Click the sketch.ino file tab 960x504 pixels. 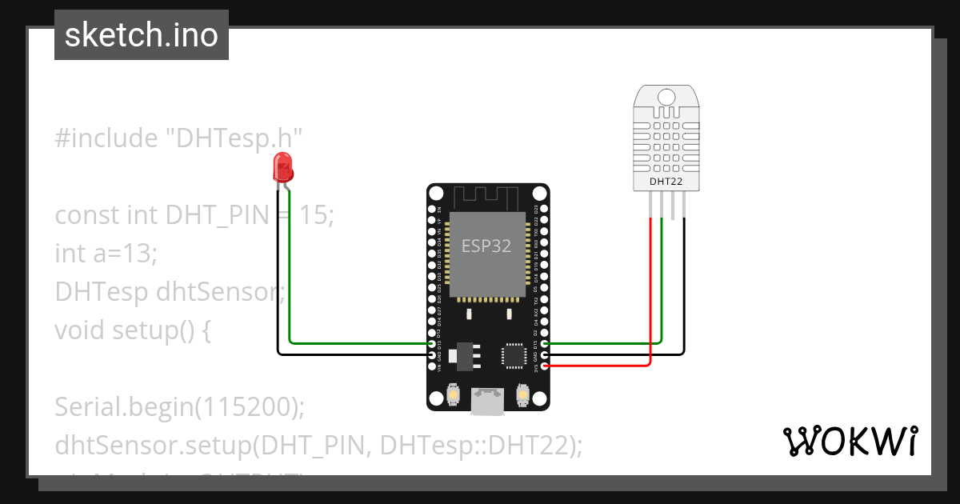pos(142,35)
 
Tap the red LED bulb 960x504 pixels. pos(283,166)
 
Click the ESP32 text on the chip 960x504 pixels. pos(486,246)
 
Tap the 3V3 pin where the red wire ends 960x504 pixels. pos(545,366)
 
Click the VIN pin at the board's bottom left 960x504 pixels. pos(433,366)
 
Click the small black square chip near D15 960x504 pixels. pos(512,354)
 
